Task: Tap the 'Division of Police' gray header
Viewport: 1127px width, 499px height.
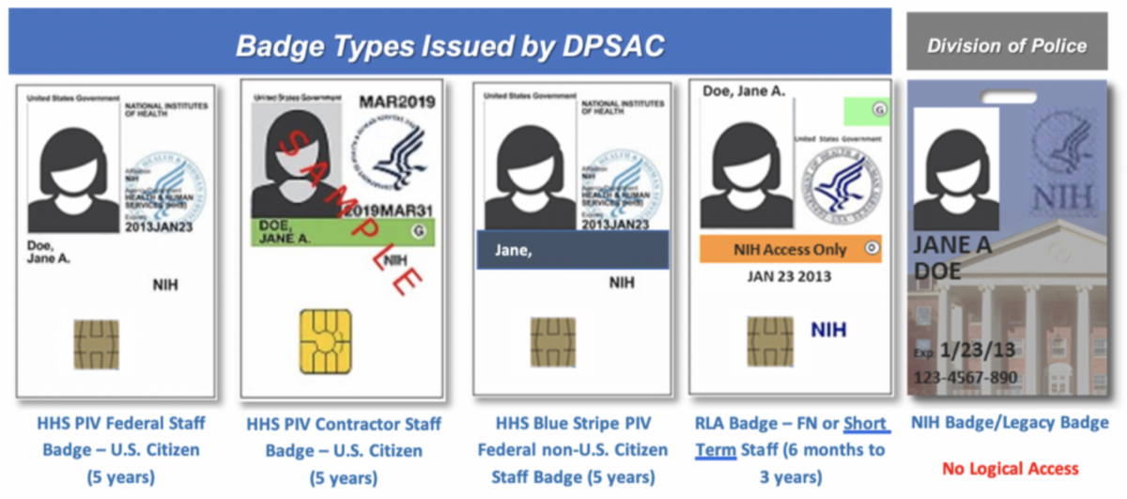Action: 1008,45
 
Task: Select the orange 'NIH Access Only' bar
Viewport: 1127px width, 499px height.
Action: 790,249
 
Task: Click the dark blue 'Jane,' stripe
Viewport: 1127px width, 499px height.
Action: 572,250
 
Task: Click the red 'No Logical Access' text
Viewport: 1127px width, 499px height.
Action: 1010,468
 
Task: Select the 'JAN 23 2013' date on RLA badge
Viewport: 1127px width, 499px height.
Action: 789,277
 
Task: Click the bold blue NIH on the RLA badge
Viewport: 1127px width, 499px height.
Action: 828,331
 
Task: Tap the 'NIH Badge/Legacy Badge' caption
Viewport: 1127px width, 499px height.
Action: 1010,423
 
